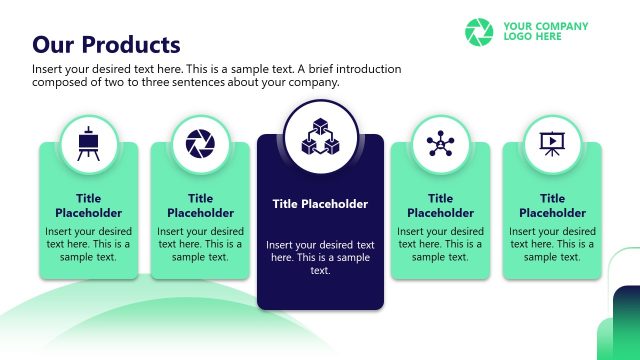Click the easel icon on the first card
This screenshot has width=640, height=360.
coord(89,144)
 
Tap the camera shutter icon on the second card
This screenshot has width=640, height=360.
coord(201,144)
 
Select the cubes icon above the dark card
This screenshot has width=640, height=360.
coord(320,138)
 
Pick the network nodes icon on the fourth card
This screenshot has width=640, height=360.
coord(440,144)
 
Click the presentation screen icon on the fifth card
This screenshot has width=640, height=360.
coord(552,144)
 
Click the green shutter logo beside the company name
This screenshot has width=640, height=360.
coord(480,31)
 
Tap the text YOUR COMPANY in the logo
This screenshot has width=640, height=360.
coord(545,26)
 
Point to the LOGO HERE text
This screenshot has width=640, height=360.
coord(532,37)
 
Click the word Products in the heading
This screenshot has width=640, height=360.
coord(131,45)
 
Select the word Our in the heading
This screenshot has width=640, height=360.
coord(54,45)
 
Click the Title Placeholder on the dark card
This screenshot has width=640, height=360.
coord(320,204)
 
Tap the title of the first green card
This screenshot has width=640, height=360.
coord(89,206)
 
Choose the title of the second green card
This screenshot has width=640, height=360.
coord(201,206)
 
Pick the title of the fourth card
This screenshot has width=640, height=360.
coord(440,206)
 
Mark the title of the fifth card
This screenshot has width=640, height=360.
coord(552,206)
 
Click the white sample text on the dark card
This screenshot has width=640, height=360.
coord(320,257)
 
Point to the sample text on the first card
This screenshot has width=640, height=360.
coord(89,244)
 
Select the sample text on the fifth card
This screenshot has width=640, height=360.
coord(552,244)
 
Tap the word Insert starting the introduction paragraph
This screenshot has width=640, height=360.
coord(49,69)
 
